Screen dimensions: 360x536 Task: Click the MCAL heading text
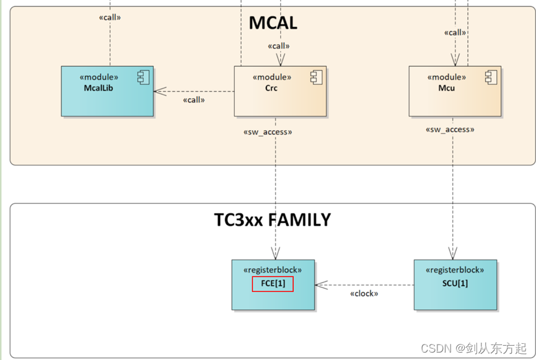pos(273,23)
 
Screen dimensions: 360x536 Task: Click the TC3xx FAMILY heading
pos(273,220)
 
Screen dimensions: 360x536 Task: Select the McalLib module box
pos(107,91)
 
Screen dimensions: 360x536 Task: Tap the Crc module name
pos(271,88)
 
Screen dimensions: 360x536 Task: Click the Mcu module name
pos(446,88)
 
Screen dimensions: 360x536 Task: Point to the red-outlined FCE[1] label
pos(273,284)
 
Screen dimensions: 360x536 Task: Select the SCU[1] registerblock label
pos(455,283)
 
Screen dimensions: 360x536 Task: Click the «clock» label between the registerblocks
pos(364,294)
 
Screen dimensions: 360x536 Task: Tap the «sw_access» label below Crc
pos(267,132)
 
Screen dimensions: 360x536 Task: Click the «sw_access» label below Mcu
pos(450,130)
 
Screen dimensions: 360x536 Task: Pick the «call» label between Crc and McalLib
pos(194,100)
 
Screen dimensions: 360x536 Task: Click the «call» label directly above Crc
pos(279,46)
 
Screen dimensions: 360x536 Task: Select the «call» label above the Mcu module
pos(455,32)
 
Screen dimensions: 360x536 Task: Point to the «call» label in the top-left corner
pos(110,17)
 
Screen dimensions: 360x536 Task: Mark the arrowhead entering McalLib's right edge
pos(160,92)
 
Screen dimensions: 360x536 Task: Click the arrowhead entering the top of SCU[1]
pos(453,254)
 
